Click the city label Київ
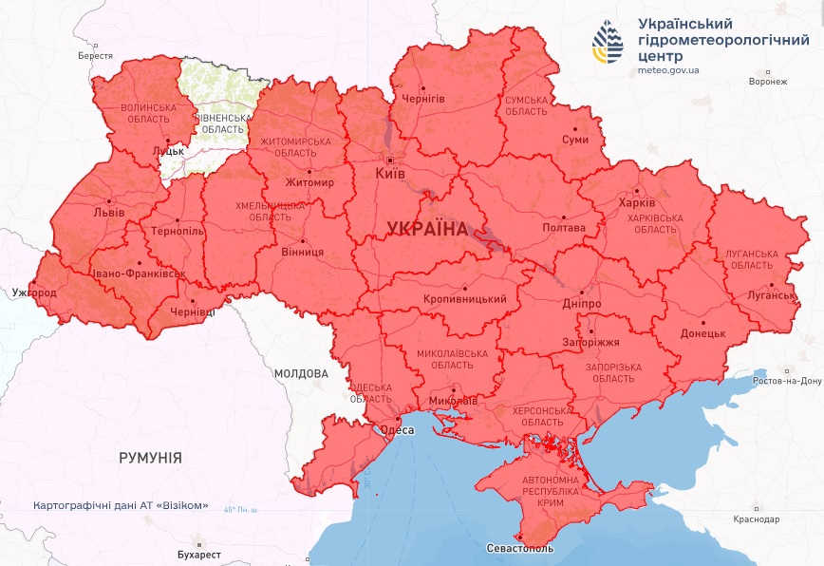(390, 174)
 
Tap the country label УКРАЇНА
(427, 229)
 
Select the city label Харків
(636, 203)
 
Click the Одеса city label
(397, 430)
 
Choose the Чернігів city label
(423, 99)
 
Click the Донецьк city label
(702, 334)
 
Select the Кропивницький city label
(464, 299)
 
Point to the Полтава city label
(563, 228)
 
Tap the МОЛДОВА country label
(301, 373)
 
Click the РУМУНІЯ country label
(150, 458)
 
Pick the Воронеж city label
(767, 82)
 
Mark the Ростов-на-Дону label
(785, 381)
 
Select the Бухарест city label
(198, 555)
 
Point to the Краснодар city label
(757, 519)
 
